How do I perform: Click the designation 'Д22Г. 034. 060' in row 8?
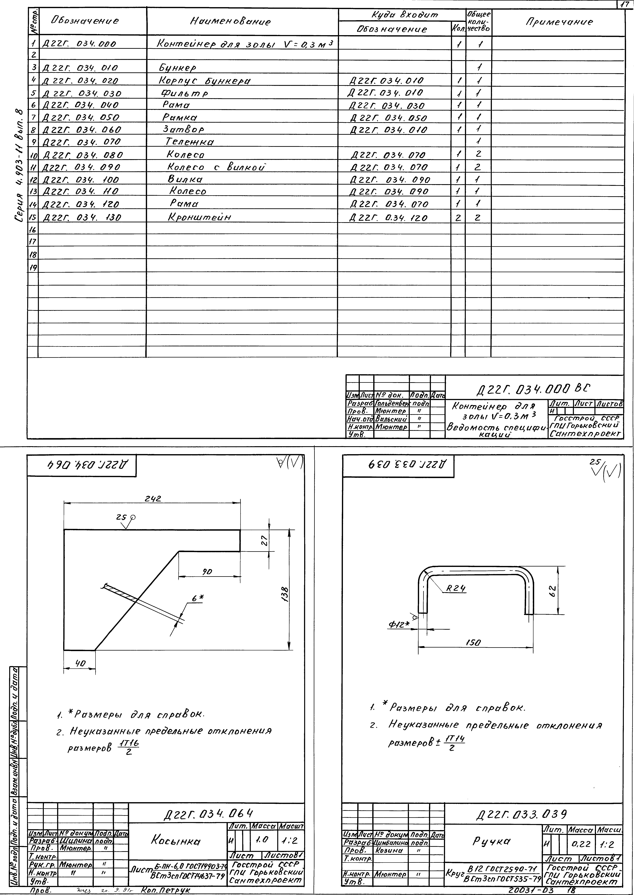click(82, 130)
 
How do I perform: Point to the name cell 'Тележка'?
click(190, 142)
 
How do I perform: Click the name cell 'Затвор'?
click(183, 129)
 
